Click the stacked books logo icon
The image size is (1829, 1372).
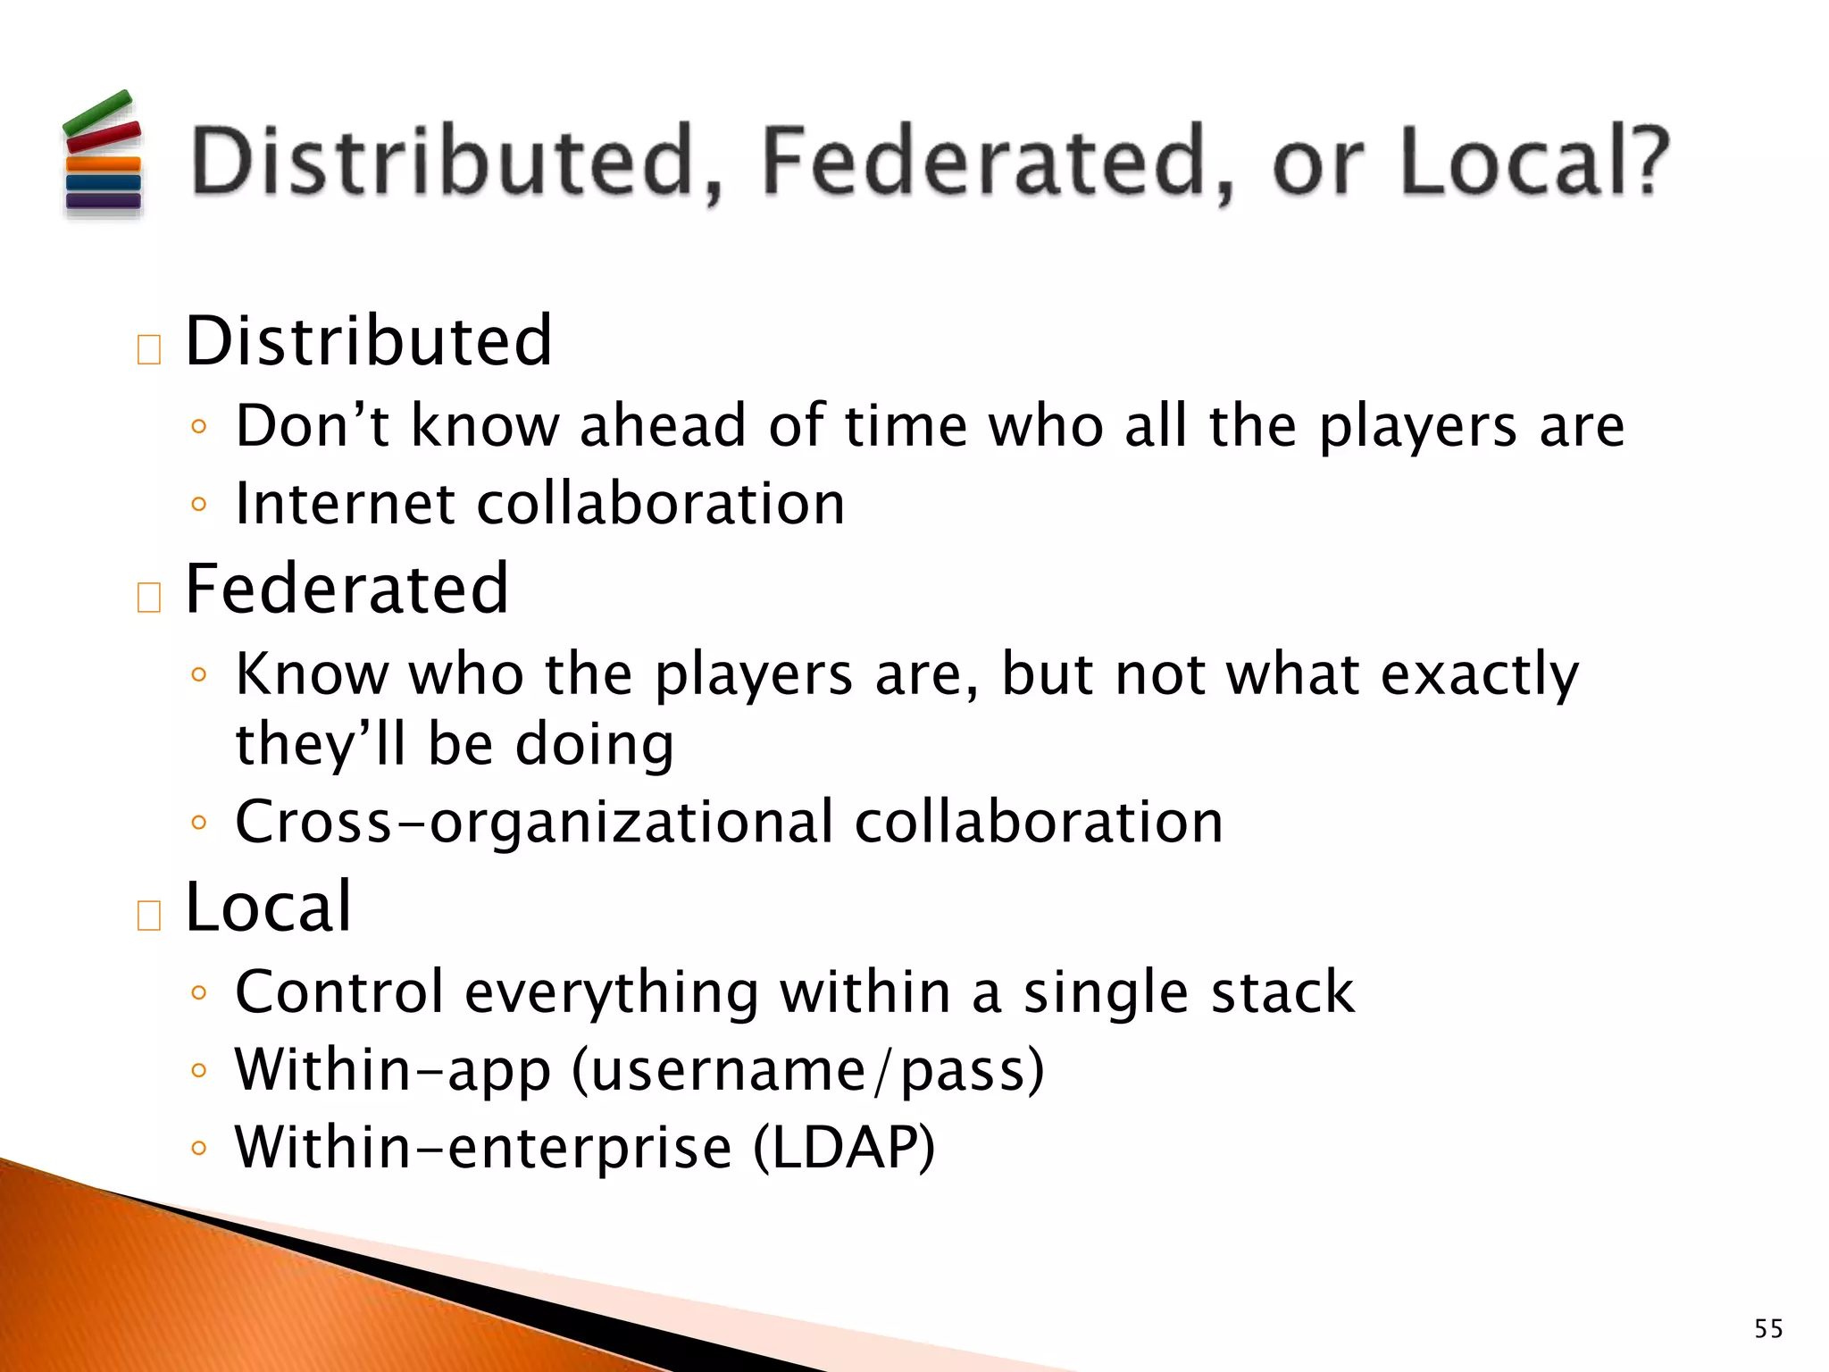point(103,153)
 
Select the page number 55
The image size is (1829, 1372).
point(1768,1328)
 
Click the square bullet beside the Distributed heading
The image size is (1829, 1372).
point(149,349)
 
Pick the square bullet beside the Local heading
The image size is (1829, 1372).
point(149,916)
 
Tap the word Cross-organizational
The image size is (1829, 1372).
point(534,823)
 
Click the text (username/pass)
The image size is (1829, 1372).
point(808,1070)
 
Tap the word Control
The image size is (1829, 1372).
point(339,992)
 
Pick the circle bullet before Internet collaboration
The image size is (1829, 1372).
point(199,506)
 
